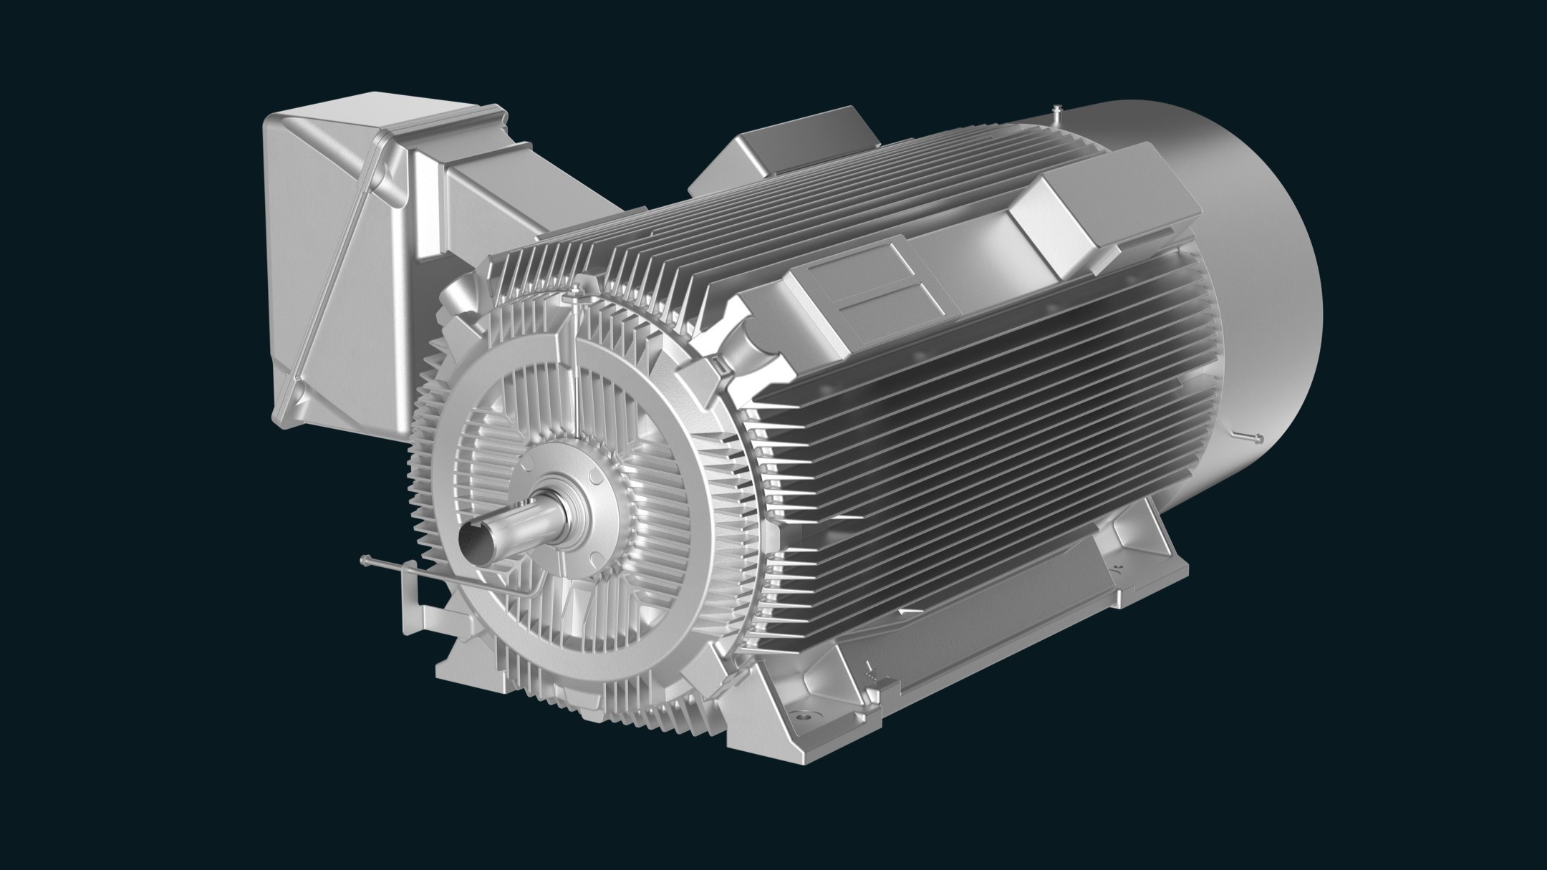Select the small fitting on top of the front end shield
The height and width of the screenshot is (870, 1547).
(575, 289)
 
